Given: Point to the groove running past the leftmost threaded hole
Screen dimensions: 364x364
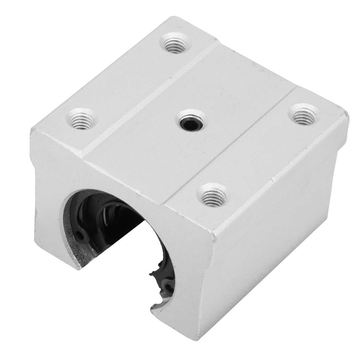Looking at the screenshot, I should pyautogui.click(x=120, y=120).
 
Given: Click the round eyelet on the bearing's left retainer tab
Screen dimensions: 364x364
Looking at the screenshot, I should pyautogui.click(x=80, y=236).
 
